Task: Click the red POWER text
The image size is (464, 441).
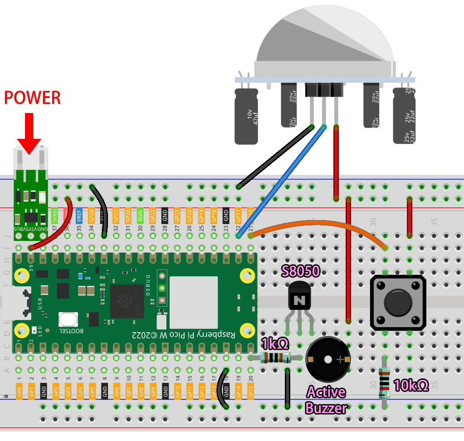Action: (x=32, y=97)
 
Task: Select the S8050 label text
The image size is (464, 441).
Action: (x=301, y=271)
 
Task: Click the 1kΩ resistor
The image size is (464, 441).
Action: (x=276, y=358)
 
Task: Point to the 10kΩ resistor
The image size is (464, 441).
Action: (x=385, y=383)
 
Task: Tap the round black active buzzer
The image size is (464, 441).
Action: (x=328, y=360)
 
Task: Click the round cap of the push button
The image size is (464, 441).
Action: (x=398, y=303)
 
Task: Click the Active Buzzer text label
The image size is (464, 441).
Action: (x=326, y=400)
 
